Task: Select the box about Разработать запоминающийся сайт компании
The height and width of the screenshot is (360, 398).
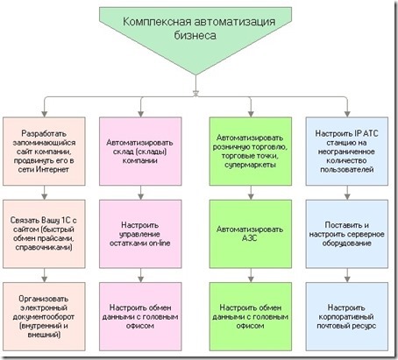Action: tap(44, 152)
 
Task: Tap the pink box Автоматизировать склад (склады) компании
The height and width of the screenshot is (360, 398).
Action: tap(140, 152)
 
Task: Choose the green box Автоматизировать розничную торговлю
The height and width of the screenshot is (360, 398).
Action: tap(251, 152)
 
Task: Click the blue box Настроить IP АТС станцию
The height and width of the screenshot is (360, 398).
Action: tap(347, 152)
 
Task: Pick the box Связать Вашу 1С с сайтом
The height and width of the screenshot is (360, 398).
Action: tap(44, 234)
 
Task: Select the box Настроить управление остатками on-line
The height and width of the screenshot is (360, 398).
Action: tap(140, 234)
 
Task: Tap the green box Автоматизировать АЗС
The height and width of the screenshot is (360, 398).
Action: tap(251, 234)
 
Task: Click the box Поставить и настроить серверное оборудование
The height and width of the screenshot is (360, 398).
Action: tap(347, 234)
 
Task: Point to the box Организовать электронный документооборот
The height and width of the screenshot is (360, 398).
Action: tap(44, 316)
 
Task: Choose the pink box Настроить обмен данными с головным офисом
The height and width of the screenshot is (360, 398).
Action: tap(140, 316)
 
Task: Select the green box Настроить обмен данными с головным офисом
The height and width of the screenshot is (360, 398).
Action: tap(251, 316)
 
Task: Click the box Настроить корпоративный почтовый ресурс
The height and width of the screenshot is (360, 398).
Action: tap(347, 316)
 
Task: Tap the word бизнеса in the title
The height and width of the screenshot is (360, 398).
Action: tap(195, 36)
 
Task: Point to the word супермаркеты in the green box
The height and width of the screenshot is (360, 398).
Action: tap(250, 165)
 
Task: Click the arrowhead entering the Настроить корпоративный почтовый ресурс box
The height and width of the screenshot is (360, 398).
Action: tap(347, 279)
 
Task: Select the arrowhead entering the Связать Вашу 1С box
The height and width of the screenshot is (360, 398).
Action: tap(45, 196)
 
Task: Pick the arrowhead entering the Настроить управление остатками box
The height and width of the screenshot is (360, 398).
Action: tap(140, 196)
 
